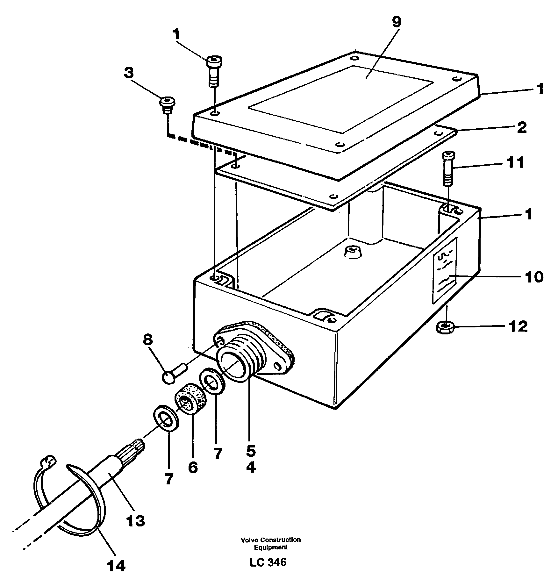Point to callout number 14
pos(116,565)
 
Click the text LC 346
pos(268,562)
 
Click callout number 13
pos(135,521)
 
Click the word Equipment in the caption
pos(270,547)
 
